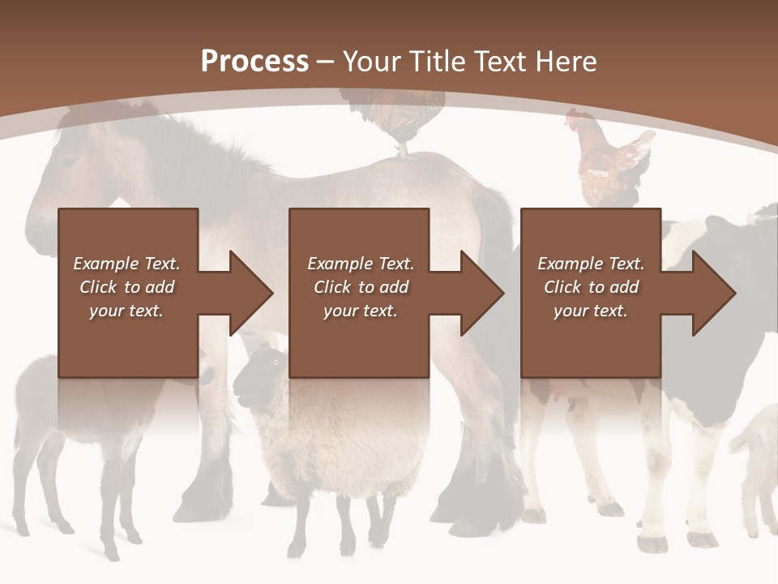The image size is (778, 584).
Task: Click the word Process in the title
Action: pyautogui.click(x=254, y=62)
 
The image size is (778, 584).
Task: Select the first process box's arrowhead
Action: pyautogui.click(x=247, y=293)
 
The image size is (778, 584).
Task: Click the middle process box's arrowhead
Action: pyautogui.click(x=478, y=293)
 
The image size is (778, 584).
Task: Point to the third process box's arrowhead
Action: pyautogui.click(x=710, y=293)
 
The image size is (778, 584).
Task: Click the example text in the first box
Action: pyautogui.click(x=127, y=287)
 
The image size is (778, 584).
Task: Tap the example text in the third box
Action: pyautogui.click(x=591, y=287)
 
